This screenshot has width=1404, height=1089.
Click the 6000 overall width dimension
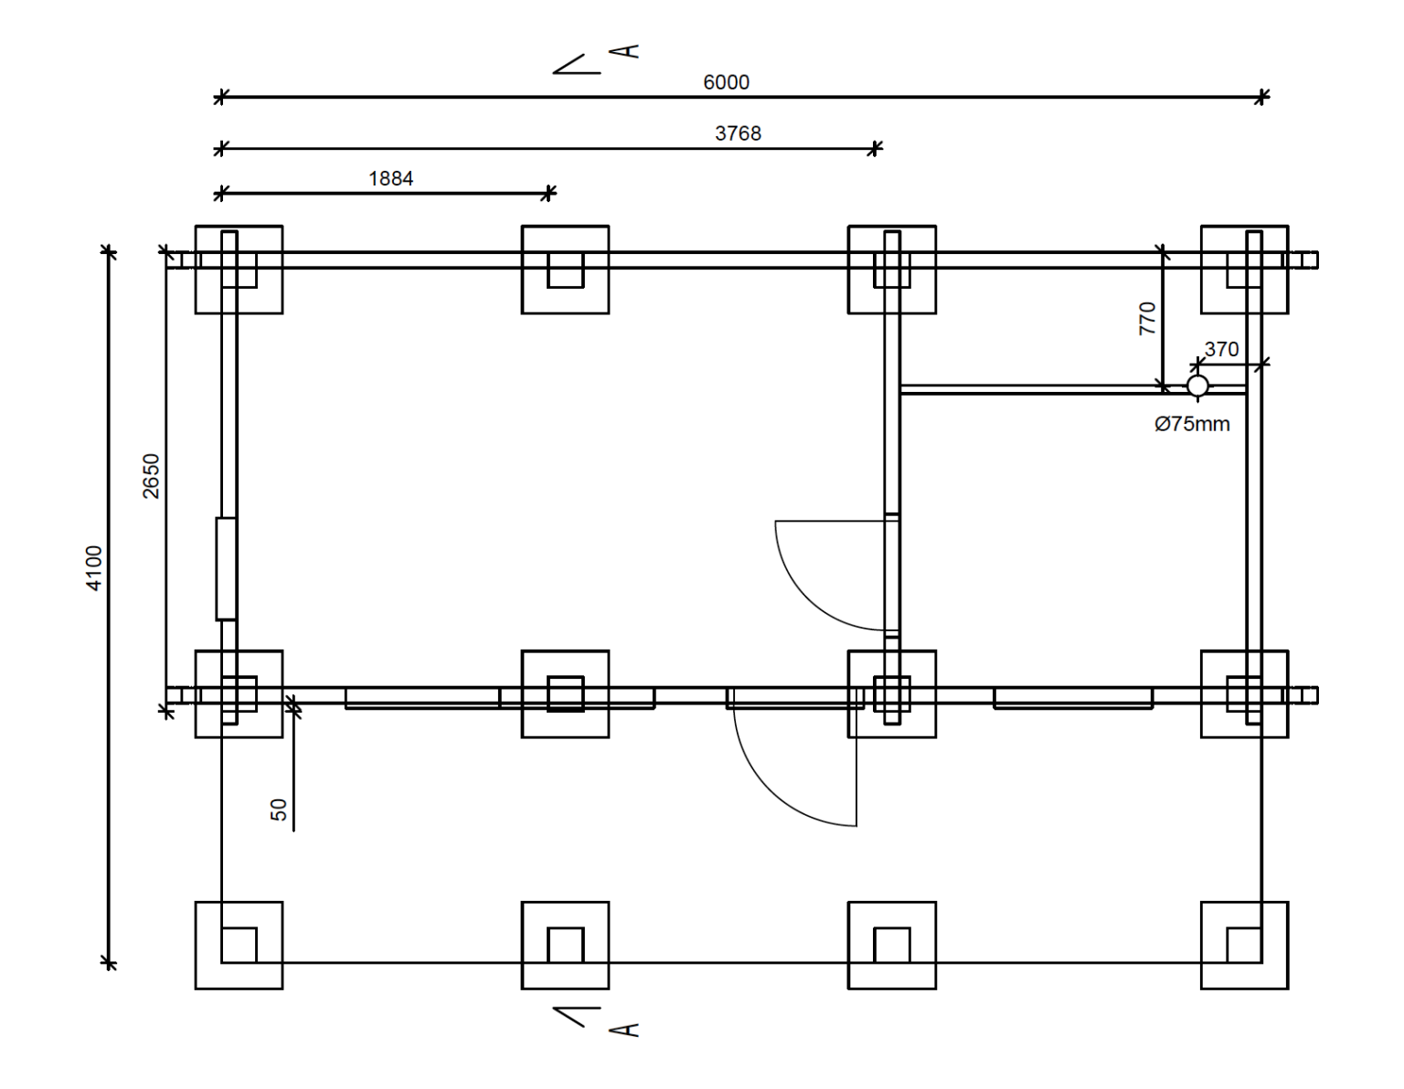click(726, 82)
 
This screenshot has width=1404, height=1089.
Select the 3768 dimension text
click(738, 133)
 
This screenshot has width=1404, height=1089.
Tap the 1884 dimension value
click(390, 179)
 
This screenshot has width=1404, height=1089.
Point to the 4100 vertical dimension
click(94, 568)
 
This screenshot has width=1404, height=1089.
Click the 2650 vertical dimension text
click(151, 476)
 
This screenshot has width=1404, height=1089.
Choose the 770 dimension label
click(1147, 319)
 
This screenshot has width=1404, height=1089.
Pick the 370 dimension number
click(1221, 349)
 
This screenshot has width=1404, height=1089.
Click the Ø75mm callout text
click(1192, 424)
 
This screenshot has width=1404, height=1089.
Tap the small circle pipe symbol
click(1197, 386)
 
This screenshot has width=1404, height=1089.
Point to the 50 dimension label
click(279, 809)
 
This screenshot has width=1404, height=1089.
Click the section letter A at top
click(624, 52)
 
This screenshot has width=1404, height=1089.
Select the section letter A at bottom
click(624, 1031)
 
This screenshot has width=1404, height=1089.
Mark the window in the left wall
click(226, 568)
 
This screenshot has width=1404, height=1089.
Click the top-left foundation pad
click(239, 270)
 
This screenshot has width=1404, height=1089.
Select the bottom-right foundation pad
click(1244, 946)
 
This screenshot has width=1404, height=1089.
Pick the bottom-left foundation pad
click(239, 946)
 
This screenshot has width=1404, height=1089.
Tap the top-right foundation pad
click(1244, 270)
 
